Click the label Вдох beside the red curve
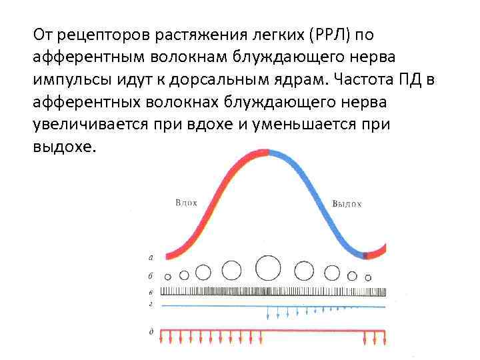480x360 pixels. (x=186, y=202)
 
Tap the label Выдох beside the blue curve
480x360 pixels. (x=347, y=203)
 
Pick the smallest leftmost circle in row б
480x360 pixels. (x=168, y=276)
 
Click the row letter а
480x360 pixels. (x=151, y=256)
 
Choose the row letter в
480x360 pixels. (x=151, y=292)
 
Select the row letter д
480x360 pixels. (x=151, y=331)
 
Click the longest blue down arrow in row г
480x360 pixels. (x=267, y=313)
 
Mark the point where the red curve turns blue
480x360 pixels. (x=269, y=151)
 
